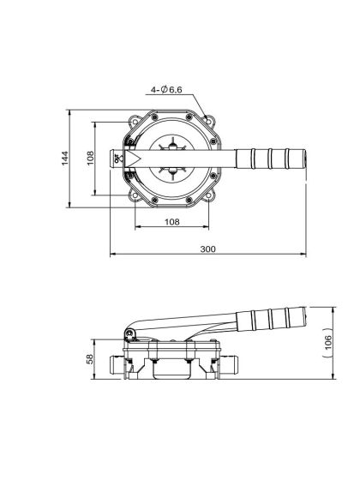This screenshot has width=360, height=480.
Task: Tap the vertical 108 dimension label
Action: (92, 159)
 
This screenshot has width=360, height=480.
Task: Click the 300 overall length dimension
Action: (208, 249)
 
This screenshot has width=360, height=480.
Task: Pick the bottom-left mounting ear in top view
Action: (135, 199)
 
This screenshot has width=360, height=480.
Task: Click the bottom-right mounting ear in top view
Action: (207, 199)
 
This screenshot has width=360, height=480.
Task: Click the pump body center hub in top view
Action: (171, 159)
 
